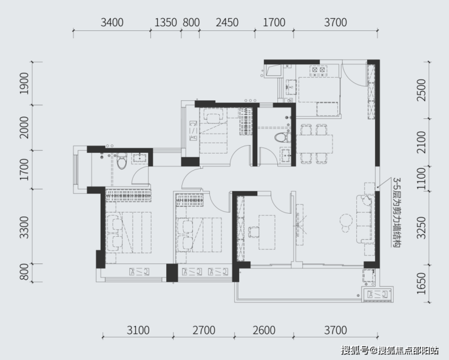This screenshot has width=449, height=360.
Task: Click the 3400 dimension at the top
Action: (x=112, y=22)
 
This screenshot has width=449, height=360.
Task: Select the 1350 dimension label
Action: (x=166, y=22)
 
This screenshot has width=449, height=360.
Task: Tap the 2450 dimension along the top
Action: (x=227, y=22)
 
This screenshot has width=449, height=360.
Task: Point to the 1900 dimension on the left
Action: (x=24, y=83)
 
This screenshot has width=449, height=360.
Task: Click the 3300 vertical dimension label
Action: (x=24, y=228)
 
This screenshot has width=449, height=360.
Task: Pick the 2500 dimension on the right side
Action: (x=421, y=90)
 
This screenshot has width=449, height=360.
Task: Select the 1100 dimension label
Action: (x=421, y=178)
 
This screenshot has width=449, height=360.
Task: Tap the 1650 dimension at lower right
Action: (x=421, y=284)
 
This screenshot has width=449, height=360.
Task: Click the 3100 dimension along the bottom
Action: (x=138, y=330)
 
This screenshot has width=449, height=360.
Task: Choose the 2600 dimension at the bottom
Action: (x=264, y=330)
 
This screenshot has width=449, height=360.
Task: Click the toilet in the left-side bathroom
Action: (x=122, y=161)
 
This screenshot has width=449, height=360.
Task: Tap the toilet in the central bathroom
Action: (x=283, y=138)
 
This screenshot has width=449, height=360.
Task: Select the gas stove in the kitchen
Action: (x=318, y=70)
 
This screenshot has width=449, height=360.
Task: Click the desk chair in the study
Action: (x=254, y=232)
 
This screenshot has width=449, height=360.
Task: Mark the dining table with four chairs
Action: (x=314, y=144)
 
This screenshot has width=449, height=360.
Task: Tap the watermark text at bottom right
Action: (x=390, y=350)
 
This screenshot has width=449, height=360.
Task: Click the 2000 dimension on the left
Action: (x=24, y=127)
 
